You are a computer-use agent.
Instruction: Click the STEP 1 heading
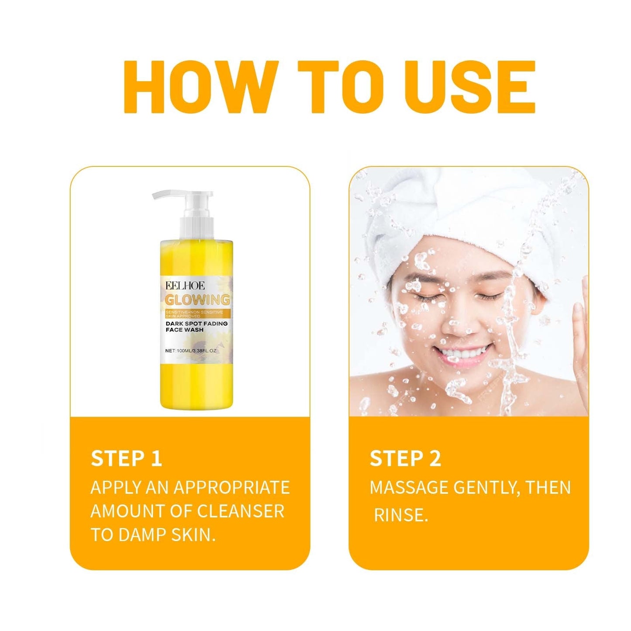(x=126, y=459)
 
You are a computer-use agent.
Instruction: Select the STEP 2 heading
(x=405, y=459)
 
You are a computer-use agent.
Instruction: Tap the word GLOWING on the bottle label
(x=197, y=300)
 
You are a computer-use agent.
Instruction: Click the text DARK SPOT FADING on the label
(x=197, y=324)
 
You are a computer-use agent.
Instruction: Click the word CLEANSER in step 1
(x=241, y=511)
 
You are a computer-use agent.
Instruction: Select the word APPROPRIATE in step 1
(x=232, y=488)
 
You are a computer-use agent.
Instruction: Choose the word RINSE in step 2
(x=400, y=516)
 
